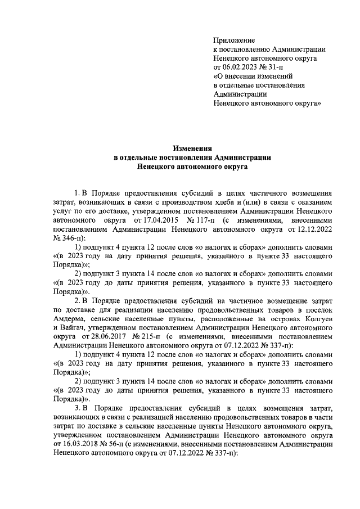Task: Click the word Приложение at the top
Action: coord(235,40)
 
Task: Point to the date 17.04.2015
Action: coord(152,221)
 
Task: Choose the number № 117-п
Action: coord(195,221)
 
